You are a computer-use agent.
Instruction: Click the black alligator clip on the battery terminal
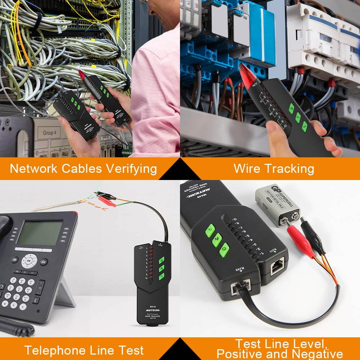[312, 234]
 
